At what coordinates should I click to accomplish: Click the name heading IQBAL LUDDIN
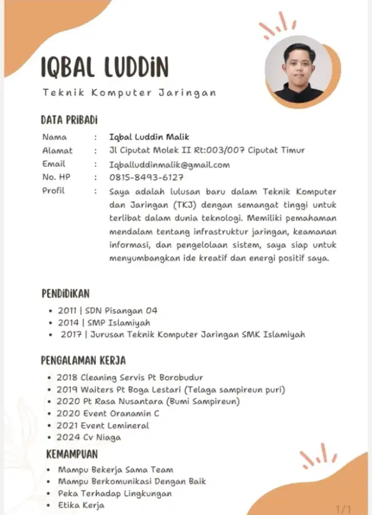(104, 67)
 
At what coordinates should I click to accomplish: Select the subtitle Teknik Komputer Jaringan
(129, 93)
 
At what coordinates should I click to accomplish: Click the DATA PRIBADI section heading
(69, 121)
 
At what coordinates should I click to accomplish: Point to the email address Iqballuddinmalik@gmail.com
(169, 165)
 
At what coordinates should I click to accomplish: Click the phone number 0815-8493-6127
(147, 178)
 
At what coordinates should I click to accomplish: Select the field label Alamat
(57, 151)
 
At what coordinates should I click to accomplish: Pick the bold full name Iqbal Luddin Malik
(149, 137)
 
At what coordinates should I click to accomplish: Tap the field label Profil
(54, 191)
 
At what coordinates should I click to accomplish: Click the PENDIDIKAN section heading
(65, 294)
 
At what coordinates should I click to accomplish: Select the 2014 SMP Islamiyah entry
(103, 323)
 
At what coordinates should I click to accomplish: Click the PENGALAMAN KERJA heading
(83, 360)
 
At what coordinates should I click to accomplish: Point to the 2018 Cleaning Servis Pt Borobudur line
(130, 377)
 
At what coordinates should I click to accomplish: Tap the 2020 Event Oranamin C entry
(108, 413)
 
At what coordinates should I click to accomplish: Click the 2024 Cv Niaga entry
(89, 437)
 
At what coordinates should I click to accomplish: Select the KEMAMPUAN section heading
(72, 454)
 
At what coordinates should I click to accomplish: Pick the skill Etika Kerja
(81, 505)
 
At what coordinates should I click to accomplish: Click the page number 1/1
(343, 509)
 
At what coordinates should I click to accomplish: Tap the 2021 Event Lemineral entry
(103, 425)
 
